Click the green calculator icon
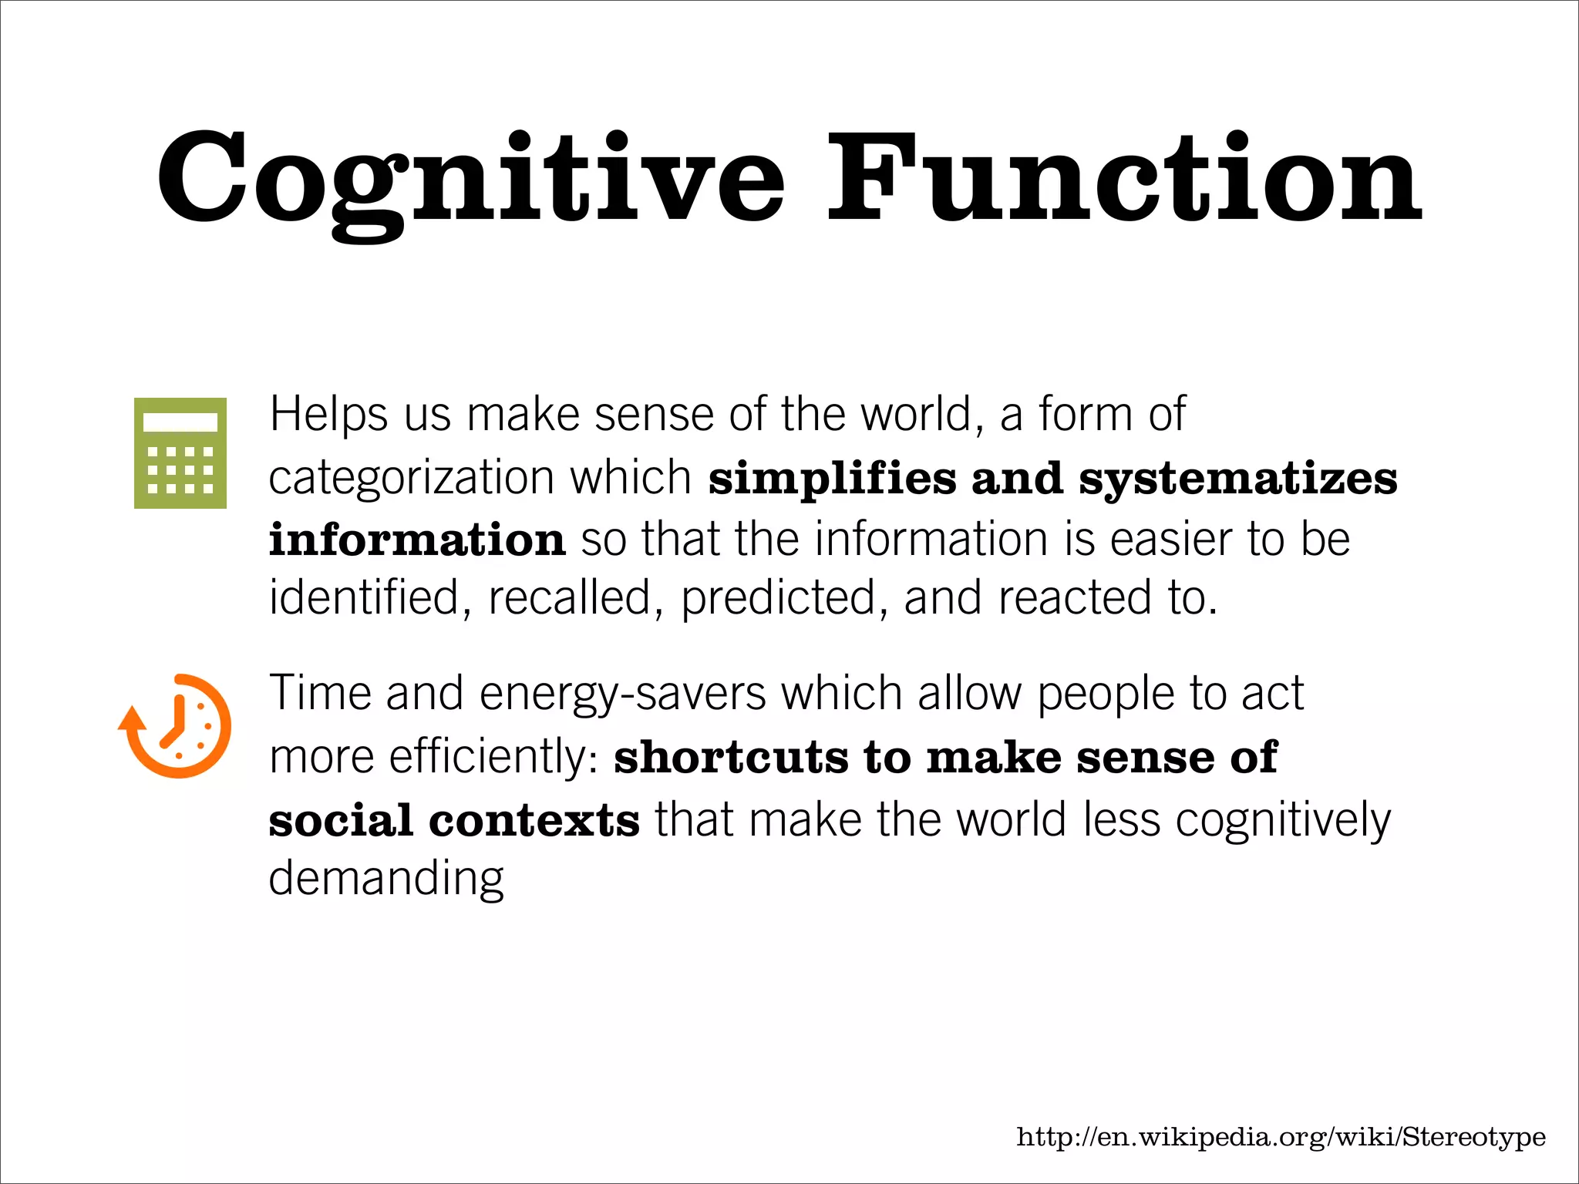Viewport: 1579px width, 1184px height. [x=180, y=453]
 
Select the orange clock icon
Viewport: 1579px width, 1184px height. [x=176, y=725]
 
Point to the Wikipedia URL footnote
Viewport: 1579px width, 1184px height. [x=1281, y=1137]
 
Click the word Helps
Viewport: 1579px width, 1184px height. [x=328, y=415]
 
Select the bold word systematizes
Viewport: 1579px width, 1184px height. [x=1238, y=478]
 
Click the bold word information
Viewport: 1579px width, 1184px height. [x=417, y=539]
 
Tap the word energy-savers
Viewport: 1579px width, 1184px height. [x=623, y=694]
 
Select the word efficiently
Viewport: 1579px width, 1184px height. [x=493, y=756]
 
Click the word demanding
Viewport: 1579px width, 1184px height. [x=386, y=879]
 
